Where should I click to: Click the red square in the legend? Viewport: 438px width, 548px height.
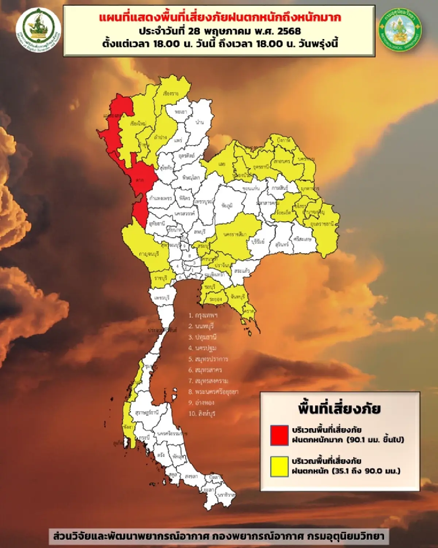click(279, 435)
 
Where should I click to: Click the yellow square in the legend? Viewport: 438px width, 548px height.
click(279, 467)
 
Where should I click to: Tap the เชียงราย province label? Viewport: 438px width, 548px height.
click(171, 94)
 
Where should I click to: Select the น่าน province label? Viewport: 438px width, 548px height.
click(200, 122)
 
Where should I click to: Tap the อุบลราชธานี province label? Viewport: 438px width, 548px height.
click(322, 224)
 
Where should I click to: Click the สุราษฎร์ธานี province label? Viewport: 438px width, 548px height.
click(147, 412)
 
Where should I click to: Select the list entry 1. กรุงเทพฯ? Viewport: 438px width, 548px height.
click(203, 315)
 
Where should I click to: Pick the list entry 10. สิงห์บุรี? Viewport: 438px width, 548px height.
click(202, 414)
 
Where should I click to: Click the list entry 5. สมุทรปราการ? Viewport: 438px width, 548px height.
click(208, 359)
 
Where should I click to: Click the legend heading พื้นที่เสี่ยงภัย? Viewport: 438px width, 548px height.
click(339, 408)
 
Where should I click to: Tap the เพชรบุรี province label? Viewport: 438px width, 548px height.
click(162, 298)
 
